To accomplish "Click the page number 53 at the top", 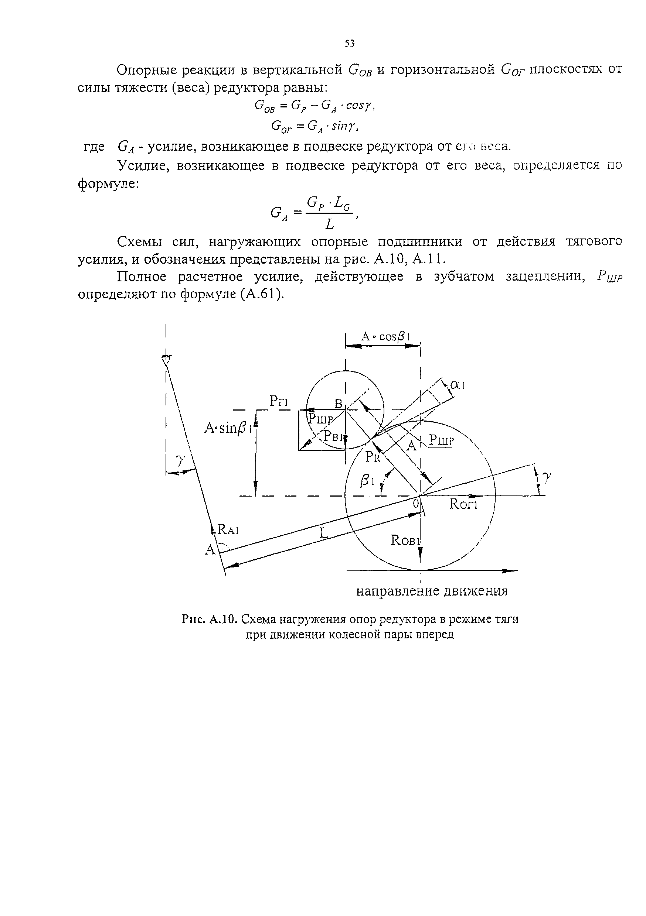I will (x=349, y=44).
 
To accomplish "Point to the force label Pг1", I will (x=279, y=401).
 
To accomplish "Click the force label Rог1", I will (x=463, y=504).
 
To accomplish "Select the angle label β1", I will (x=367, y=481).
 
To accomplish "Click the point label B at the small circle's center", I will (x=339, y=404).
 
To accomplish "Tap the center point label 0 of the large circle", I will (x=416, y=504).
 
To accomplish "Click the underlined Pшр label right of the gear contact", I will (x=442, y=440).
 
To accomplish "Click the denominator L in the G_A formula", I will (x=329, y=225).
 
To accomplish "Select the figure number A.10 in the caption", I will (x=224, y=619).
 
